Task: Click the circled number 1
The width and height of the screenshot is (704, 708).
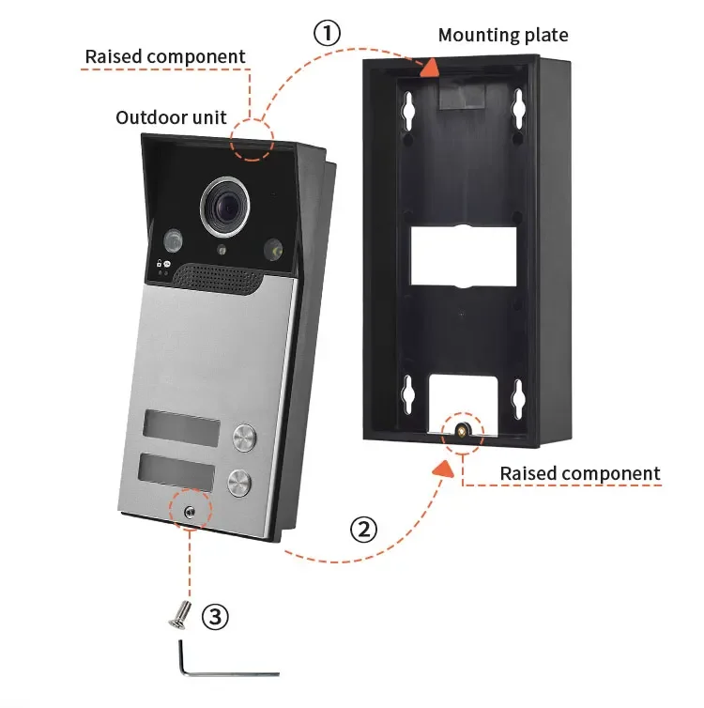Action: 327,34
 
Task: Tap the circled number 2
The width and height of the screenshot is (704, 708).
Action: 363,530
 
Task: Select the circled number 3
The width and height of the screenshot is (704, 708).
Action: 215,616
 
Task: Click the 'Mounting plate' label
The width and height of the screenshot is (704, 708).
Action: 503,36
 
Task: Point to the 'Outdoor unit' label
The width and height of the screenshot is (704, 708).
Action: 171,117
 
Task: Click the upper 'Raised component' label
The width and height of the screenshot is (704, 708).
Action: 165,56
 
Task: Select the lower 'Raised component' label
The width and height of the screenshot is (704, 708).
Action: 580,473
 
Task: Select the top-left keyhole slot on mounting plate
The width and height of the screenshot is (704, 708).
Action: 409,111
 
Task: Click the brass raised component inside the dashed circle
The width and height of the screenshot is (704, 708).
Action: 461,429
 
